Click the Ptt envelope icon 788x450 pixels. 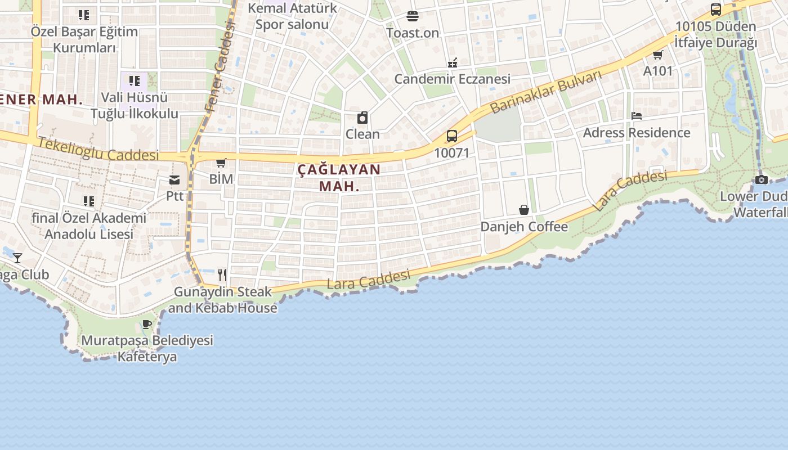174,180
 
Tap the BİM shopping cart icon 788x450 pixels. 221,163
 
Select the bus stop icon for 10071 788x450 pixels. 451,136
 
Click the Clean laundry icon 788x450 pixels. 362,118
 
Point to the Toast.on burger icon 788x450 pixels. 413,16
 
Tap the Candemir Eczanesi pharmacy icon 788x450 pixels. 452,62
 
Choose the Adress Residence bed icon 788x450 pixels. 637,116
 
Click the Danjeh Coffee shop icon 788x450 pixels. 524,210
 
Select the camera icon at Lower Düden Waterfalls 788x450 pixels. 761,180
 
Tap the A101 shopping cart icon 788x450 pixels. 657,55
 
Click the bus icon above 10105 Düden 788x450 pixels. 716,10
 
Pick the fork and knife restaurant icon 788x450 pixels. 222,275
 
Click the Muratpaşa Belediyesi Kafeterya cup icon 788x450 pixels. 147,324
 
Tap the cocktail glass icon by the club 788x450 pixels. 17,258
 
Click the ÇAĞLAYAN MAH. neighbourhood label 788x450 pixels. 339,177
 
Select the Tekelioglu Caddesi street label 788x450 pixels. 99,149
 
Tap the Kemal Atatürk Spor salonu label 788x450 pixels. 292,16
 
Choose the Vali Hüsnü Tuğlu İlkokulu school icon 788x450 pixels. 134,81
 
